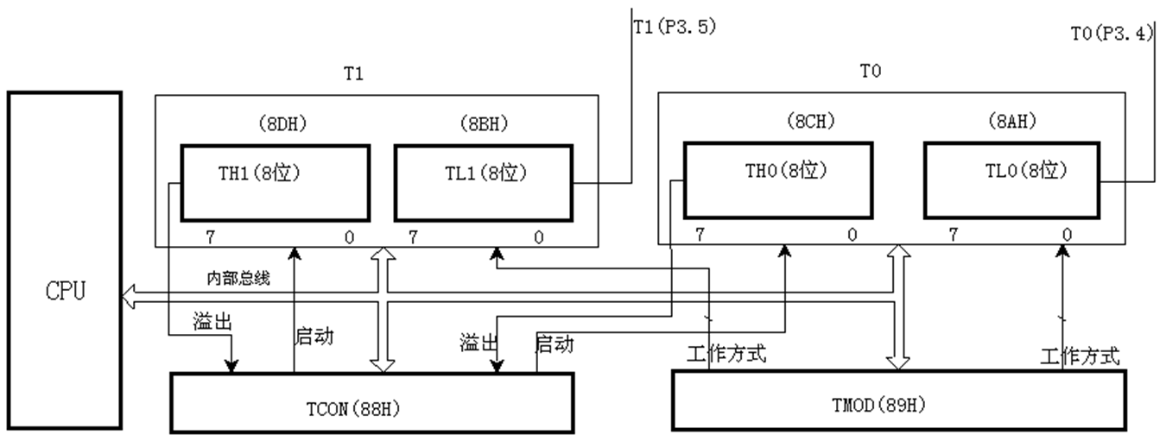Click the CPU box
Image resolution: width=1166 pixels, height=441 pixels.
coord(66,259)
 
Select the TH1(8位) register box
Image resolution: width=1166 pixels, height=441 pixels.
coord(275,183)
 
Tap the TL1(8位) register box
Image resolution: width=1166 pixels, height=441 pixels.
coord(483,183)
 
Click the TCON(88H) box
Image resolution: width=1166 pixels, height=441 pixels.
coord(371,402)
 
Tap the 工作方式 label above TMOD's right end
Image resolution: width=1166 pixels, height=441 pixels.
coord(1080,355)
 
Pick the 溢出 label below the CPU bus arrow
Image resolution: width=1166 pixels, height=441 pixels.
coord(212,321)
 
